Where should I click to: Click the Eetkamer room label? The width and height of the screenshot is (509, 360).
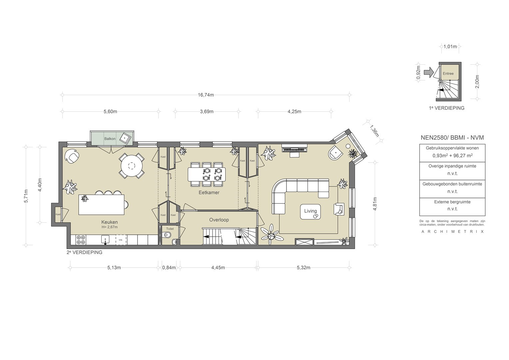tap(209, 192)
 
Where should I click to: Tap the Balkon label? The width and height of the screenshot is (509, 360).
tap(110, 138)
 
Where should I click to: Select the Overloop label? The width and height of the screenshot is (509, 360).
tap(219, 220)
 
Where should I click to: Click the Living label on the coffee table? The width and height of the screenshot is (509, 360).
tap(310, 211)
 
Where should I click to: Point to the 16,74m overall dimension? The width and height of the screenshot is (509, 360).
tap(206, 95)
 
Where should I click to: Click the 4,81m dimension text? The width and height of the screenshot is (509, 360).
tap(375, 204)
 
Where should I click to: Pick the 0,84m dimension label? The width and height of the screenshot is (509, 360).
tap(169, 268)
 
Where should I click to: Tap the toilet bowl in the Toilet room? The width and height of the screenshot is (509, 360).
tap(167, 235)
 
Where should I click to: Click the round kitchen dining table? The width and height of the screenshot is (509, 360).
tap(132, 166)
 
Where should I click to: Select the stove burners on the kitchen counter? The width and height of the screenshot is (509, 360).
tap(81, 240)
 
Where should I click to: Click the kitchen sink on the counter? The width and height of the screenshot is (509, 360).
tap(105, 240)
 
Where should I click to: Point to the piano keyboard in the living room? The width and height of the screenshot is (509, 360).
tap(294, 149)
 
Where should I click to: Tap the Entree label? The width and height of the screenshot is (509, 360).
tap(448, 73)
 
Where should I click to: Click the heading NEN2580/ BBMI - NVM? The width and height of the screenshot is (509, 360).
tap(452, 137)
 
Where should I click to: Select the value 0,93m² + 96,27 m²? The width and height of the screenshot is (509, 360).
tap(452, 156)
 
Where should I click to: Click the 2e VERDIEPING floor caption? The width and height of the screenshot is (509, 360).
tap(85, 252)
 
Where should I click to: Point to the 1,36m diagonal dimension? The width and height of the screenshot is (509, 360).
tap(374, 131)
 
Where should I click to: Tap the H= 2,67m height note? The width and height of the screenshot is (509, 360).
tap(110, 227)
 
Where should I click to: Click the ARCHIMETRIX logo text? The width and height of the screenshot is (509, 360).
tap(452, 232)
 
